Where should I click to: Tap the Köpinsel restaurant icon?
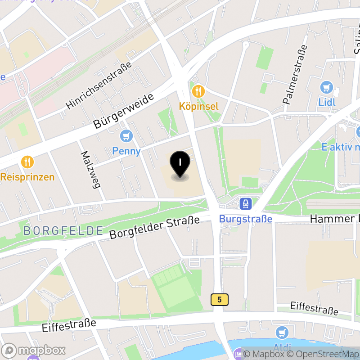coord(198,92)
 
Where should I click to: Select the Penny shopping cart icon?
coord(127,135)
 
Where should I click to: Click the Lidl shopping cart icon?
coord(327,87)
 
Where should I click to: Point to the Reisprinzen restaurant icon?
coord(28,162)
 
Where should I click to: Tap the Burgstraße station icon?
coord(246,204)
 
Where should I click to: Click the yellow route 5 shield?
coord(219,299)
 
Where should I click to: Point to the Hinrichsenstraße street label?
coord(99,85)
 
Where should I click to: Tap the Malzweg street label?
coord(90,169)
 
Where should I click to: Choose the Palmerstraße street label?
coord(295,74)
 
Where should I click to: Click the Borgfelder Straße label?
coord(154,228)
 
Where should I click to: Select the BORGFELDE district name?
coord(63,231)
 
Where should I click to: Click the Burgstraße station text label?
coord(246,219)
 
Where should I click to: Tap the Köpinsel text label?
coord(198,107)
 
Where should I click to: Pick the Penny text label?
coord(126,151)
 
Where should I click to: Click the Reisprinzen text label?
coord(27,176)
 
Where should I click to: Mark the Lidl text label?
coord(327,102)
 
